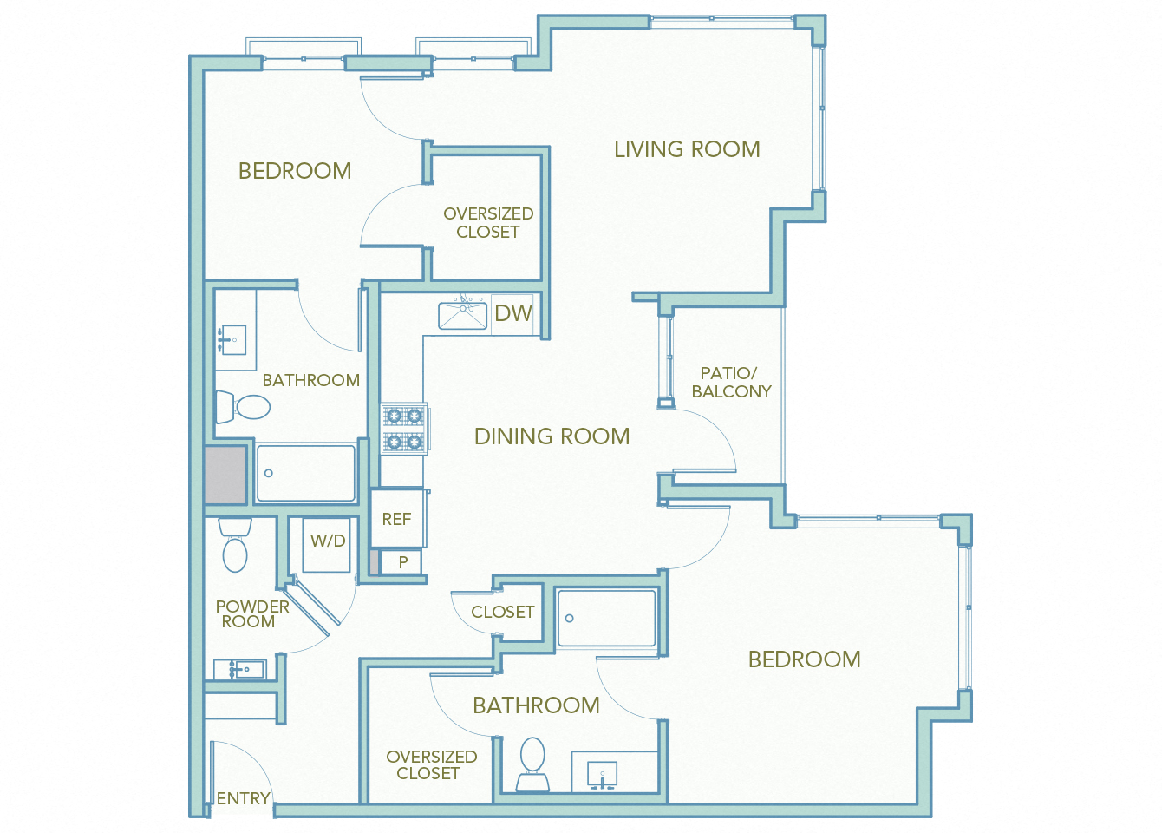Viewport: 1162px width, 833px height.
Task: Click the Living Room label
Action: pyautogui.click(x=687, y=149)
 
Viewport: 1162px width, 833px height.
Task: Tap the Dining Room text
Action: pyautogui.click(x=552, y=436)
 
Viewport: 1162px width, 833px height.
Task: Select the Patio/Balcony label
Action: pyautogui.click(x=730, y=383)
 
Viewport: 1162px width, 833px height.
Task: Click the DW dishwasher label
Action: pyautogui.click(x=513, y=313)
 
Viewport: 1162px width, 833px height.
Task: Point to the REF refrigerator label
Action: pyautogui.click(x=396, y=519)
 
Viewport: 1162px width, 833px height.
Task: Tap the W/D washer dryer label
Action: pyautogui.click(x=328, y=541)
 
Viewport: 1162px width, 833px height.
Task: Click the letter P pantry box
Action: pyautogui.click(x=402, y=562)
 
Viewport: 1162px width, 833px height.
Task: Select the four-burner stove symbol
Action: pyautogui.click(x=404, y=429)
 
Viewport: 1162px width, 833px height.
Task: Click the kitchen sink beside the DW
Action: pyautogui.click(x=462, y=315)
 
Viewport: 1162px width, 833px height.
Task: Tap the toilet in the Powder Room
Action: pyautogui.click(x=235, y=547)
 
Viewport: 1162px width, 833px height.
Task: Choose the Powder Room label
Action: pyautogui.click(x=251, y=614)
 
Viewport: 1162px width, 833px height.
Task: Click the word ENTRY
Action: pyautogui.click(x=243, y=798)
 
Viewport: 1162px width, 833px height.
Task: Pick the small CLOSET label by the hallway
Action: pyautogui.click(x=502, y=612)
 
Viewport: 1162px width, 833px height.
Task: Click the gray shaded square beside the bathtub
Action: pyautogui.click(x=226, y=475)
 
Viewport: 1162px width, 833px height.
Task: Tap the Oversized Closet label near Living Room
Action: pyautogui.click(x=488, y=223)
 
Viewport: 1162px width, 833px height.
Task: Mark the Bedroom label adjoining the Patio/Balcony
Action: pyautogui.click(x=804, y=659)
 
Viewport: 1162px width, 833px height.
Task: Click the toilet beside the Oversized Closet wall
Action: pyautogui.click(x=532, y=763)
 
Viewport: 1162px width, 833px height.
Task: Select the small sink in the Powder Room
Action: pyautogui.click(x=239, y=669)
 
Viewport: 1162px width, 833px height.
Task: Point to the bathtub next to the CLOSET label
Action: pyautogui.click(x=607, y=618)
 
